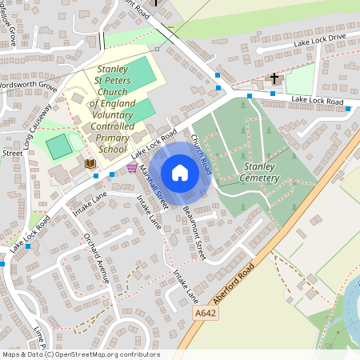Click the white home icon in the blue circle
tap(180, 173)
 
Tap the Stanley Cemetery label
tap(259, 172)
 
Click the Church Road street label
tap(201, 152)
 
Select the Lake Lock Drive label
tap(319, 38)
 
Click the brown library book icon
tap(90, 163)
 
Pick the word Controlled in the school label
tap(112, 126)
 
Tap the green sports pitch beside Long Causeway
tap(58, 146)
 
